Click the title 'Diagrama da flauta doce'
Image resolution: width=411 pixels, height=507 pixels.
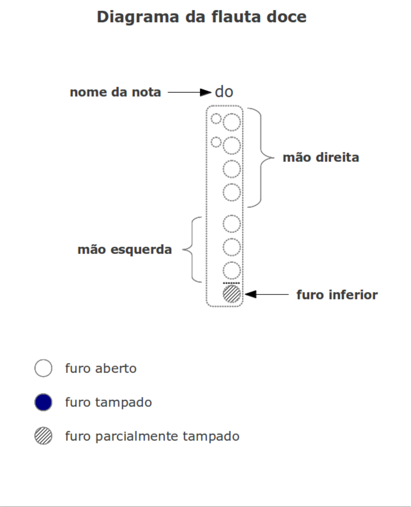pyautogui.click(x=201, y=17)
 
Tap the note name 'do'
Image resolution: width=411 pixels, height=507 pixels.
pyautogui.click(x=224, y=92)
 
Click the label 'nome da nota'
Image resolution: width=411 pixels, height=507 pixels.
pyautogui.click(x=115, y=92)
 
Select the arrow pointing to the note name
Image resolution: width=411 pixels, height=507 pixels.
pyautogui.click(x=190, y=92)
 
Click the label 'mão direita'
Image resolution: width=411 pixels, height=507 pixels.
pyautogui.click(x=321, y=158)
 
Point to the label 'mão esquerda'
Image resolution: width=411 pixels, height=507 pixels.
pyautogui.click(x=125, y=250)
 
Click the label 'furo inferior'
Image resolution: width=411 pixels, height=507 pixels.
pyautogui.click(x=337, y=294)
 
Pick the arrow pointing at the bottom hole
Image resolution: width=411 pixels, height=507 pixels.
pyautogui.click(x=267, y=294)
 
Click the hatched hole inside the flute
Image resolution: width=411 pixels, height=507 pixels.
pyautogui.click(x=232, y=294)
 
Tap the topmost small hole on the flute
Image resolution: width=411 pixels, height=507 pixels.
pyautogui.click(x=216, y=119)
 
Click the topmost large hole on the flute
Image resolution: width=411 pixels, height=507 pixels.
pyautogui.click(x=232, y=122)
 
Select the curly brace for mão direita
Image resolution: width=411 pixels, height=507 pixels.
pyautogui.click(x=261, y=158)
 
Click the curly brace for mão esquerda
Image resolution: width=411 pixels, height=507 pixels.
pyautogui.click(x=192, y=250)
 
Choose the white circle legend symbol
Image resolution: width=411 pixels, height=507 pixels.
pyautogui.click(x=43, y=368)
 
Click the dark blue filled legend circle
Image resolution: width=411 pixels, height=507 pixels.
pyautogui.click(x=43, y=402)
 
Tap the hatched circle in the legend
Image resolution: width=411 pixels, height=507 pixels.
pyautogui.click(x=43, y=436)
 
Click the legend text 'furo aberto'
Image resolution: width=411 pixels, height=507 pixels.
pyautogui.click(x=101, y=368)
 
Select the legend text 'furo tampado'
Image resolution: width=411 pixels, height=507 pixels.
pyautogui.click(x=109, y=403)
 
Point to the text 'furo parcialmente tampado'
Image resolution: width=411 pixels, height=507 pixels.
pyautogui.click(x=152, y=436)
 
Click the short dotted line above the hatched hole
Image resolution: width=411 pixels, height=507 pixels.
pyautogui.click(x=231, y=283)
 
